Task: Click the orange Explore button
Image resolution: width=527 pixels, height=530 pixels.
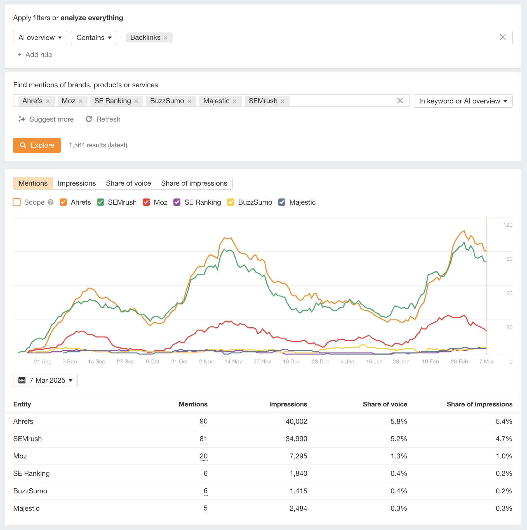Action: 37,145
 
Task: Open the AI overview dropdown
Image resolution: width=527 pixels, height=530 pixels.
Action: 40,38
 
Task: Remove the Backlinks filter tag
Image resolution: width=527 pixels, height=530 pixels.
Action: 166,38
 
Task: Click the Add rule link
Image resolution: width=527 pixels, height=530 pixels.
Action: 35,55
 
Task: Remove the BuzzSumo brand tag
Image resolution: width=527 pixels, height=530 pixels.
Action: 189,101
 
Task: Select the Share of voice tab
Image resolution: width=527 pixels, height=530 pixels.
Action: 128,183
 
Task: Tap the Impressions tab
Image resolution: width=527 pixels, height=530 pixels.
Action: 77,183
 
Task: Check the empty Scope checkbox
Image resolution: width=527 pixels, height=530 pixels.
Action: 17,202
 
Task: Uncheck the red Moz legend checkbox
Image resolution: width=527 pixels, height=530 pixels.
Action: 146,202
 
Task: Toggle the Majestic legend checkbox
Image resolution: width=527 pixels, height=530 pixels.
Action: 282,202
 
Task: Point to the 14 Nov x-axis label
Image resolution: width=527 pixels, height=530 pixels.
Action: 233,361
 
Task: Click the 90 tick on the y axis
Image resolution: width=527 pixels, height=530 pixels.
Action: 509,259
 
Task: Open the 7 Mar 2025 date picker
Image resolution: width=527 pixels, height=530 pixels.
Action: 45,380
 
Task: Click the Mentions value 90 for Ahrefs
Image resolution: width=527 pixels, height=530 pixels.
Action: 203,421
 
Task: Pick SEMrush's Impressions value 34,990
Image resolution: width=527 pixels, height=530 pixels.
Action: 296,439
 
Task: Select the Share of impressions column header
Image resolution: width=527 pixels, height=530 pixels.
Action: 479,404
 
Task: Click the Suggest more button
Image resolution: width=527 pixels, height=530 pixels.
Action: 46,119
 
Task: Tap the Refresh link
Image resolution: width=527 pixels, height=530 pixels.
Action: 103,119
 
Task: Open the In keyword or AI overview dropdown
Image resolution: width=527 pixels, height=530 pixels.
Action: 463,101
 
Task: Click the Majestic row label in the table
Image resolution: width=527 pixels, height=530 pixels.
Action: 26,508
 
